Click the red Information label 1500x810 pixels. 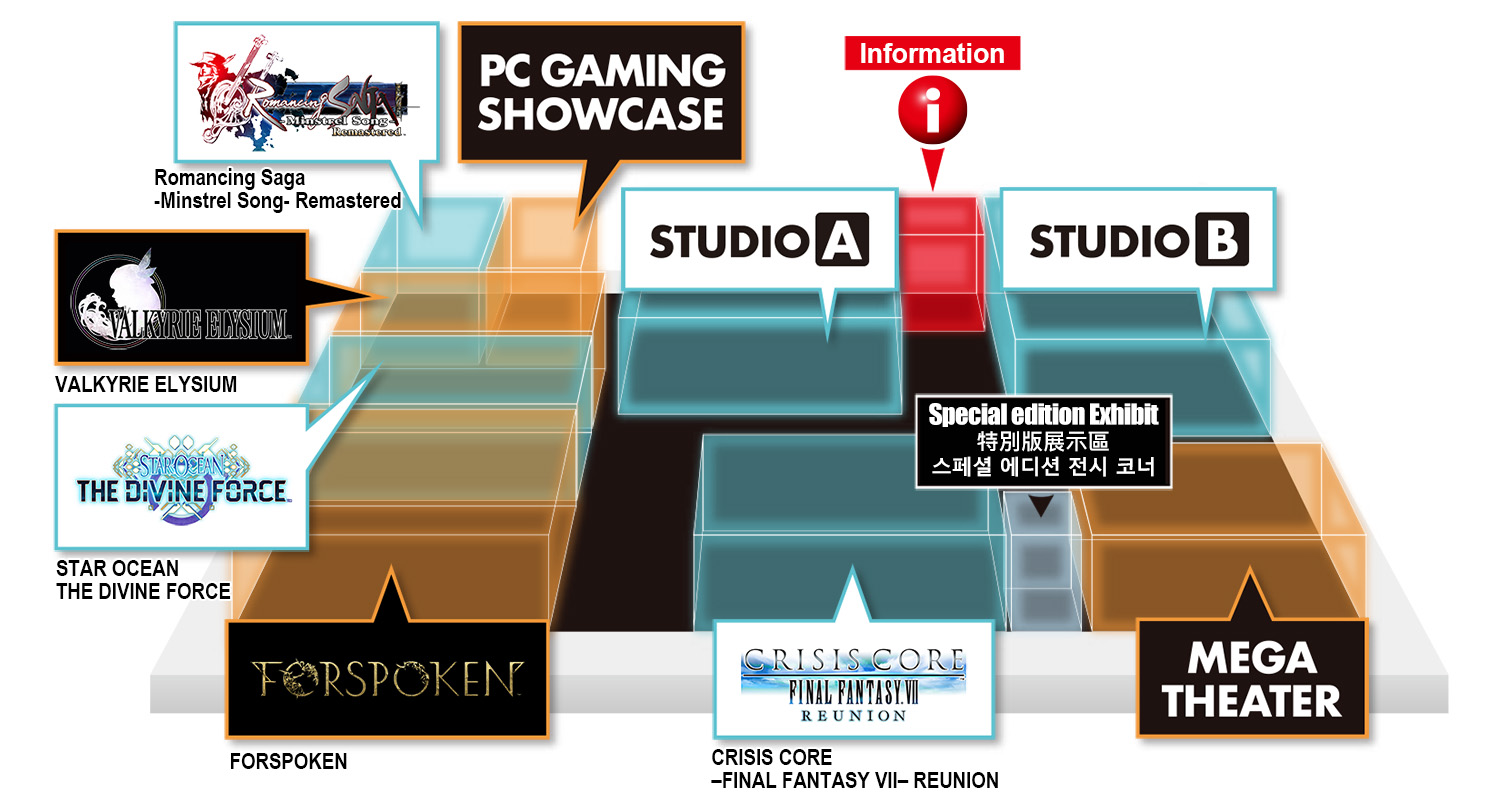932,53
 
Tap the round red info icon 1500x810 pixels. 932,110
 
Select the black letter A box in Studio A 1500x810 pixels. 842,240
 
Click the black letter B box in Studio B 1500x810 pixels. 1222,240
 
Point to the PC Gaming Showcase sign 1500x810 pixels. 601,92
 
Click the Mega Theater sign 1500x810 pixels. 1252,678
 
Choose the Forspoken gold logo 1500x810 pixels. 387,679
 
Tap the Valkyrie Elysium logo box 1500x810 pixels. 181,297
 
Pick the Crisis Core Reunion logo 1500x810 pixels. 853,684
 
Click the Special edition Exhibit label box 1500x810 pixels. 1043,441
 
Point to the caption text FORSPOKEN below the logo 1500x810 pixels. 289,761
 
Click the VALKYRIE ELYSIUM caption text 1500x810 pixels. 146,384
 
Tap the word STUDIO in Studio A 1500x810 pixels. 729,241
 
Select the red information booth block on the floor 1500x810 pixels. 942,263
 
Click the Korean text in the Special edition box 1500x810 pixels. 1043,466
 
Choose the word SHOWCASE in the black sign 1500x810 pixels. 601,114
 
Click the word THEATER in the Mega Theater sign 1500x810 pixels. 1252,701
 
